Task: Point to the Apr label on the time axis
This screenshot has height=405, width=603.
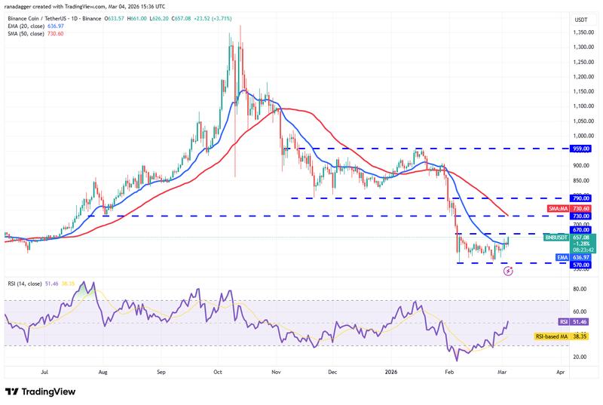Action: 560,372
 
